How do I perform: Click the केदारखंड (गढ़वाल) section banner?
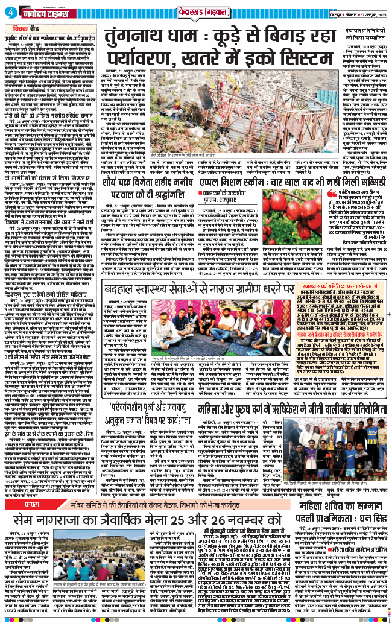tap(196, 10)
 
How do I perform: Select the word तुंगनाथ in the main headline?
tap(136, 36)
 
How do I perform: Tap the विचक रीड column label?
tap(24, 27)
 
